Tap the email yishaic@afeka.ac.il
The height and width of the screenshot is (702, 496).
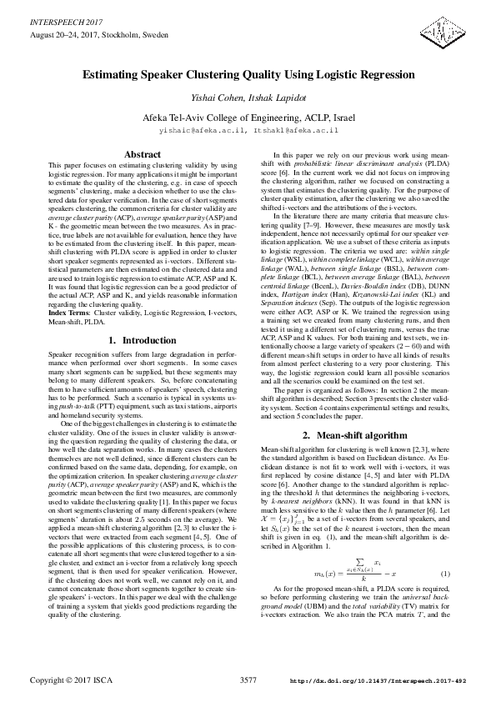[199, 131]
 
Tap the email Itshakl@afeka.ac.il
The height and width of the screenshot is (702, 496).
[296, 131]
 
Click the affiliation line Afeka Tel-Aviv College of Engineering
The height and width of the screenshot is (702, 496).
[248, 118]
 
